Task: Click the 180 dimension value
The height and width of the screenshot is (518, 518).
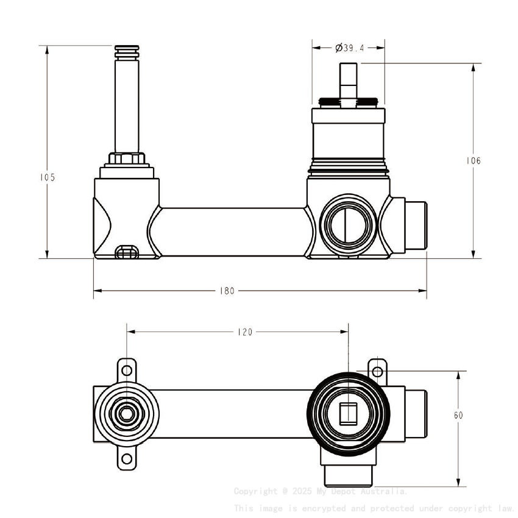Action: pos(227,291)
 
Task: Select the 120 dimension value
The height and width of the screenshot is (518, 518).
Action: pos(244,332)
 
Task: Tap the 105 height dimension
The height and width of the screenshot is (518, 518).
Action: pos(48,177)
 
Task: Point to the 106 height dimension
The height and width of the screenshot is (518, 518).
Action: pos(473,161)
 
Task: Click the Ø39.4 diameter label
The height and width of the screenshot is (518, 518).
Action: pos(349,48)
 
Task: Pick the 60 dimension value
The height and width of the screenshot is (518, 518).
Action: pos(458,415)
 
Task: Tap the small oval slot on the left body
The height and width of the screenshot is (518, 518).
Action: pos(126,252)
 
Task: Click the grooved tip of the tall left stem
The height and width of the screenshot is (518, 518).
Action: pos(127,49)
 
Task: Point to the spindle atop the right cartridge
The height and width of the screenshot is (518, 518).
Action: pos(348,79)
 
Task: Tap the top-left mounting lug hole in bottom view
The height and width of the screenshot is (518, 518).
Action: pos(127,370)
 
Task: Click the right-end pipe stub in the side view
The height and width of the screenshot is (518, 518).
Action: pos(416,224)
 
